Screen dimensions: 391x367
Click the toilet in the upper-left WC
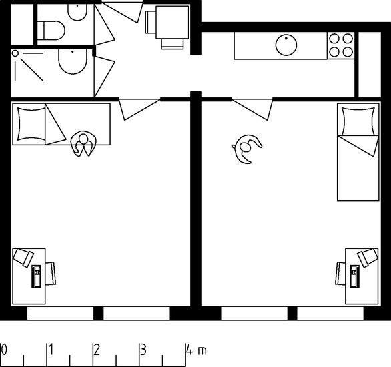(54, 31)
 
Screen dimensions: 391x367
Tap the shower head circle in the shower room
(15, 53)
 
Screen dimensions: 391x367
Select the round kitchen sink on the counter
(286, 45)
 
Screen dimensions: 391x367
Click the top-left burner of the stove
(334, 39)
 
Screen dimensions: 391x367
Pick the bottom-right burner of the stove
(348, 52)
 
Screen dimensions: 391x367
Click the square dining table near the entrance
(172, 23)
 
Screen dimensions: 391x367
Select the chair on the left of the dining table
(151, 22)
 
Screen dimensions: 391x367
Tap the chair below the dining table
(172, 43)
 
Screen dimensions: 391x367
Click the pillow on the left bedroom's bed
(31, 124)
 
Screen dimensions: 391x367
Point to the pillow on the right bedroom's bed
(358, 121)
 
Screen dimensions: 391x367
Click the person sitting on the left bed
(83, 144)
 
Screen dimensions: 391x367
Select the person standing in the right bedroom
(246, 149)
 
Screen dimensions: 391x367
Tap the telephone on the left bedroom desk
(37, 276)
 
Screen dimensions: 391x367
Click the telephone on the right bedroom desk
(354, 276)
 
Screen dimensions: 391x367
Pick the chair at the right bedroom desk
(341, 273)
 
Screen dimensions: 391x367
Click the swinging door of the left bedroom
(139, 109)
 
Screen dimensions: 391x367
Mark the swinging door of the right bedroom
(252, 109)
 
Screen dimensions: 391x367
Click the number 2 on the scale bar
(97, 350)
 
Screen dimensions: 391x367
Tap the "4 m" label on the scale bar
(196, 350)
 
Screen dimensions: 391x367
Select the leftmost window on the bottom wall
(60, 313)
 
